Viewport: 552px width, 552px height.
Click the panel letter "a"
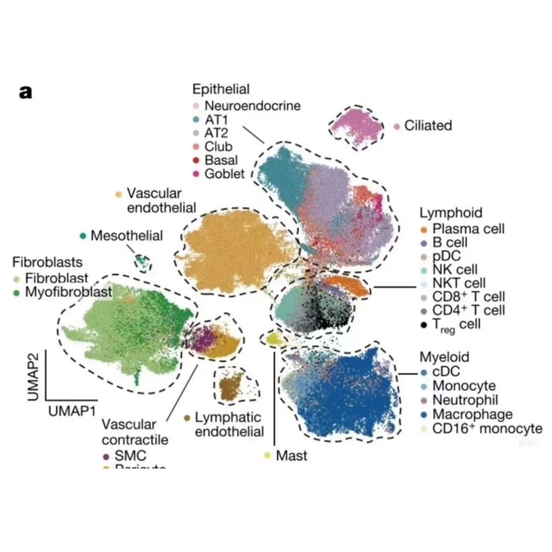(x=25, y=92)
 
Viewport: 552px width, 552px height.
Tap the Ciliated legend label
(x=428, y=126)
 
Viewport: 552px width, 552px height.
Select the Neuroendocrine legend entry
(x=252, y=106)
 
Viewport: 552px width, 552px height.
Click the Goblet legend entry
(x=224, y=174)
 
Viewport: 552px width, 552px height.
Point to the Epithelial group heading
(x=221, y=89)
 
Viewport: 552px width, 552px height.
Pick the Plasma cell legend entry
(x=468, y=229)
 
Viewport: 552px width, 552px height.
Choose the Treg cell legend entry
(x=456, y=325)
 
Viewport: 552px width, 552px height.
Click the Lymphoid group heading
(x=451, y=213)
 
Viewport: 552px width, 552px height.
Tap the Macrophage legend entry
(x=472, y=414)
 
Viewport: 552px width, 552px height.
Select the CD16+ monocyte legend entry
(x=487, y=429)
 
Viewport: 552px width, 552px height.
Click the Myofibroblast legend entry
(x=68, y=292)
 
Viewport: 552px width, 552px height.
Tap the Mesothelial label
(x=126, y=236)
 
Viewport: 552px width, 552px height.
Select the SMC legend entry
(x=130, y=456)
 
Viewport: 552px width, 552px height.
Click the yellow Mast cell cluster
(x=274, y=340)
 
